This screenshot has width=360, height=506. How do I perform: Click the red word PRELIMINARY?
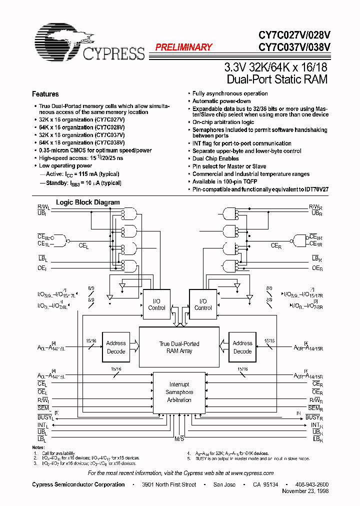point(183,47)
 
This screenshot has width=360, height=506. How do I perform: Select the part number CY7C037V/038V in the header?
point(294,47)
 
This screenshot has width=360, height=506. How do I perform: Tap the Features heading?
point(45,94)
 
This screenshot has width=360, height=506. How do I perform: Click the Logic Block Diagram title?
point(87,202)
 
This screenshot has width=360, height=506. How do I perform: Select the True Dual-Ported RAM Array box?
point(179,347)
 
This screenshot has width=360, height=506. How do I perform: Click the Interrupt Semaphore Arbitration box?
point(179,392)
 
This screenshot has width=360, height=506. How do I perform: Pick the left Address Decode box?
point(116,347)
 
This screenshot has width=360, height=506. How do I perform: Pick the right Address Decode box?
point(242,347)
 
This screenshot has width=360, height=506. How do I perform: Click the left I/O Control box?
point(156,304)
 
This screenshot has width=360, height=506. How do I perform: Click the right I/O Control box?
point(203,304)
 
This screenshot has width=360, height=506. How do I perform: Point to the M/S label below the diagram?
point(179,438)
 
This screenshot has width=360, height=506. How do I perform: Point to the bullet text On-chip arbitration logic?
point(223,122)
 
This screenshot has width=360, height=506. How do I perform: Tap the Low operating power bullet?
point(65,165)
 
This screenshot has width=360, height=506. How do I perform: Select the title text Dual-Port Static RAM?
point(277,79)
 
